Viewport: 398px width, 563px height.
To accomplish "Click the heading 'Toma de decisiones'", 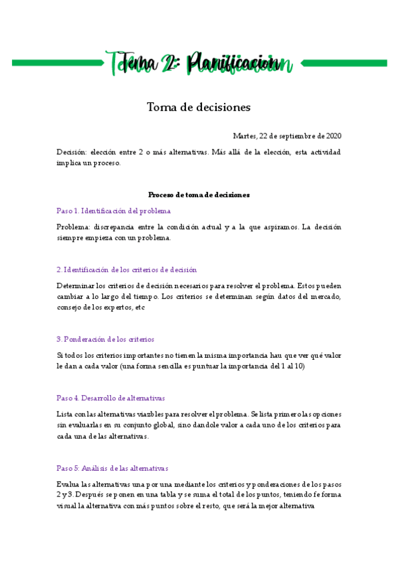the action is [199, 106].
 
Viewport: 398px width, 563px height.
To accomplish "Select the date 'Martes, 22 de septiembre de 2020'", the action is [287, 136].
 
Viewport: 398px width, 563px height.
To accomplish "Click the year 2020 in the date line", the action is [334, 136].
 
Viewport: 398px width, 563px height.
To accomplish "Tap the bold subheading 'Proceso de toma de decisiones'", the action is [199, 195].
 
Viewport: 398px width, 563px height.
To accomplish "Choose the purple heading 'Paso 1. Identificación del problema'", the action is [114, 210].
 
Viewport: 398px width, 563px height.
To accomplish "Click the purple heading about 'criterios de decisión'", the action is [126, 270].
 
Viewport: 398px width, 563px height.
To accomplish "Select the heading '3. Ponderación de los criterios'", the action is [105, 339].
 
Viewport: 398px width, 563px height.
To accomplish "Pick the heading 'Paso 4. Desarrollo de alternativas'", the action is [110, 398].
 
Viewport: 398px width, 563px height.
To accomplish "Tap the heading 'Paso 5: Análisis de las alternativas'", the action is [112, 467].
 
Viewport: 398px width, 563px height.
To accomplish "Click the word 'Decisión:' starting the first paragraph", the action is [71, 152].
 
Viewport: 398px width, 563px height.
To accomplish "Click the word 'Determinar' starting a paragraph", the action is [75, 285].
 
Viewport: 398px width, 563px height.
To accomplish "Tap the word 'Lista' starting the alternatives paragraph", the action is [65, 414].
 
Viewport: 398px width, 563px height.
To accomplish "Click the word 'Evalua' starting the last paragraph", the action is [68, 483].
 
